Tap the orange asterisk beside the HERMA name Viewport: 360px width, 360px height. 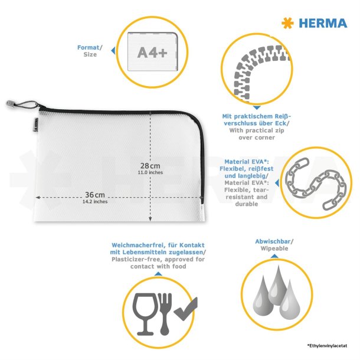coord(288,23)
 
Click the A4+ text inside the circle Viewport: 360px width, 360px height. coord(152,52)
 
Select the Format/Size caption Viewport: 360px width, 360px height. coord(90,51)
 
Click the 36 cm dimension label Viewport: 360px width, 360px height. coord(95,195)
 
